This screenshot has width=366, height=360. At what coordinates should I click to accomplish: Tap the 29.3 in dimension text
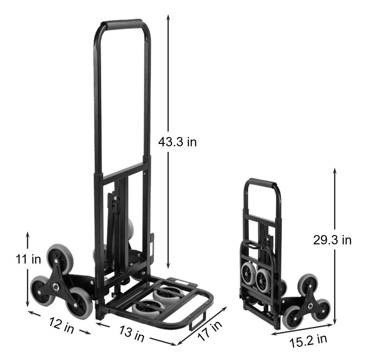pyautogui.click(x=332, y=240)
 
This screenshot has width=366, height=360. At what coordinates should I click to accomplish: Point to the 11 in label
pyautogui.click(x=28, y=259)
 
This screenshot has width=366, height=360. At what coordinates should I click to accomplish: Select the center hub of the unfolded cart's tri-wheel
pyautogui.click(x=58, y=276)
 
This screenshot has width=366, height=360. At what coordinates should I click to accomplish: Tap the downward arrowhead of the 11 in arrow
pyautogui.click(x=28, y=303)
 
